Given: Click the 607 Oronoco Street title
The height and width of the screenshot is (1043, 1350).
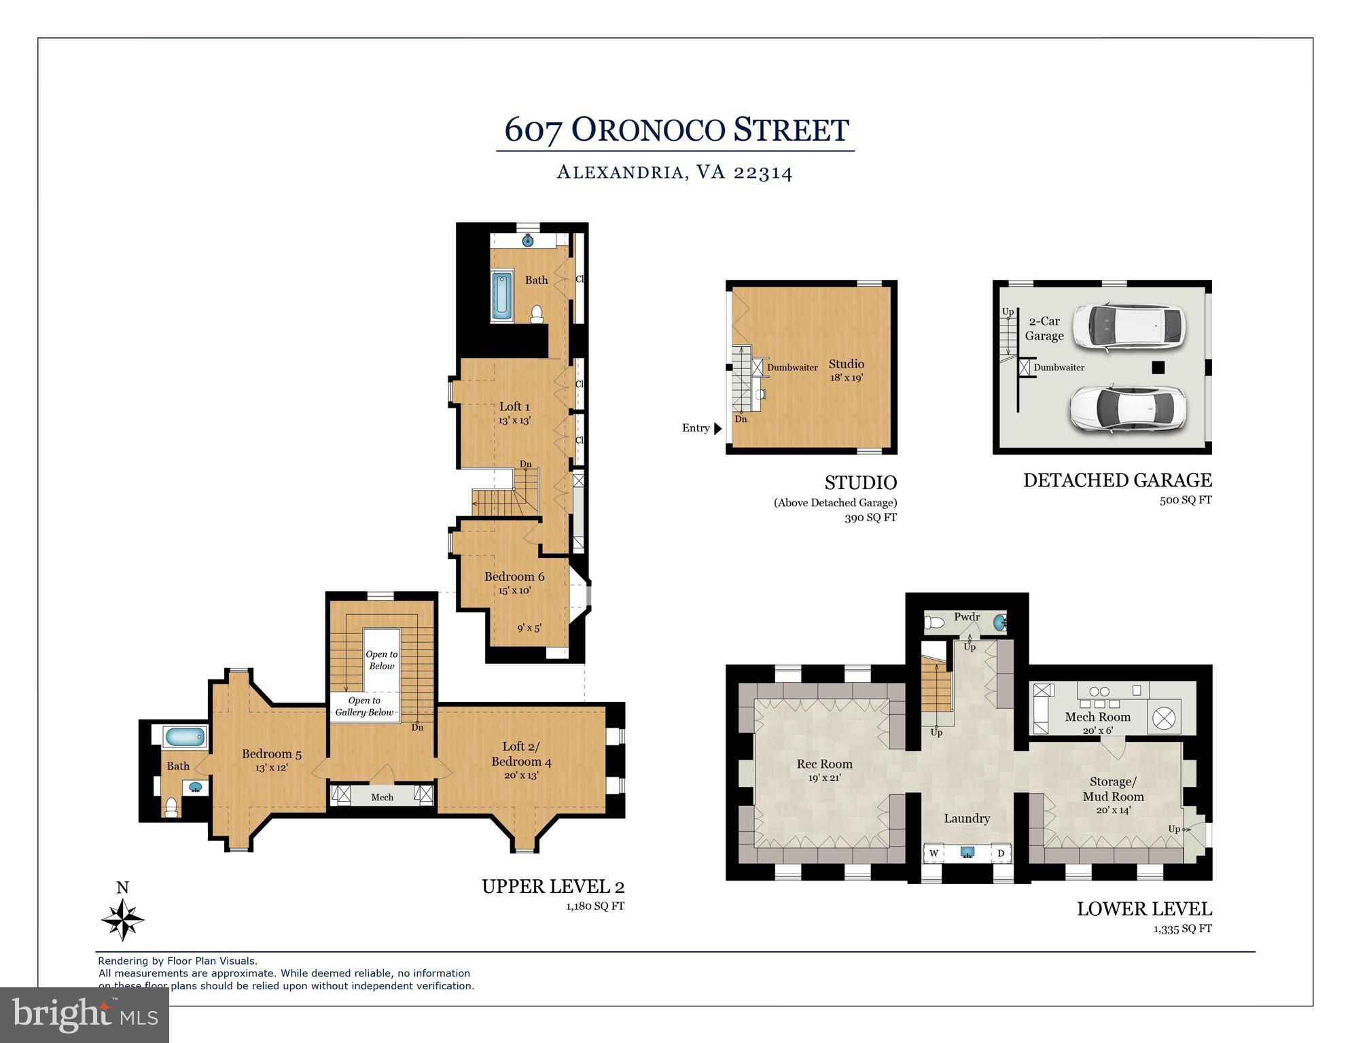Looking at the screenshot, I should pyautogui.click(x=676, y=130).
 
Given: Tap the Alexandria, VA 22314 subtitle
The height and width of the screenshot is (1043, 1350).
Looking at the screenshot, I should pyautogui.click(x=675, y=173).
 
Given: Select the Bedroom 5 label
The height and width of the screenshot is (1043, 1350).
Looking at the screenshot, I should pyautogui.click(x=271, y=754).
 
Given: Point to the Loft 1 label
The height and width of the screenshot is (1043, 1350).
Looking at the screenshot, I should pyautogui.click(x=514, y=406).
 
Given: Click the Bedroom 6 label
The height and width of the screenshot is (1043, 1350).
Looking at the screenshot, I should pyautogui.click(x=514, y=576).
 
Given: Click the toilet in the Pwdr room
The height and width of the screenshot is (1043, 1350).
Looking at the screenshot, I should pyautogui.click(x=936, y=621).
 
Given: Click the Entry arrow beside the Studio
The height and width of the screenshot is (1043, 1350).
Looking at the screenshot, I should pyautogui.click(x=717, y=428).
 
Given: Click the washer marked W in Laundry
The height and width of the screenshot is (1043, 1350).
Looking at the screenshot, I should pyautogui.click(x=934, y=853).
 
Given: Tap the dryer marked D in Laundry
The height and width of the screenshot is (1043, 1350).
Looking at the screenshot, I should pyautogui.click(x=1000, y=853).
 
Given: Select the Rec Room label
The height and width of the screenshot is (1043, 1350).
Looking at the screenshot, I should pyautogui.click(x=824, y=764).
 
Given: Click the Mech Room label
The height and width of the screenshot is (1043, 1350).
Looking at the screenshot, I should pyautogui.click(x=1097, y=717).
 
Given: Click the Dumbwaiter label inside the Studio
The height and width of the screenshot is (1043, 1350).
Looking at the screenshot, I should pyautogui.click(x=792, y=368).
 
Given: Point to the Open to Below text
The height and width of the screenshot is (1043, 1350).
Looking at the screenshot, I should pyautogui.click(x=381, y=660).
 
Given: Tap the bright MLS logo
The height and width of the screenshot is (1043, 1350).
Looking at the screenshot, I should pyautogui.click(x=84, y=1014).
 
